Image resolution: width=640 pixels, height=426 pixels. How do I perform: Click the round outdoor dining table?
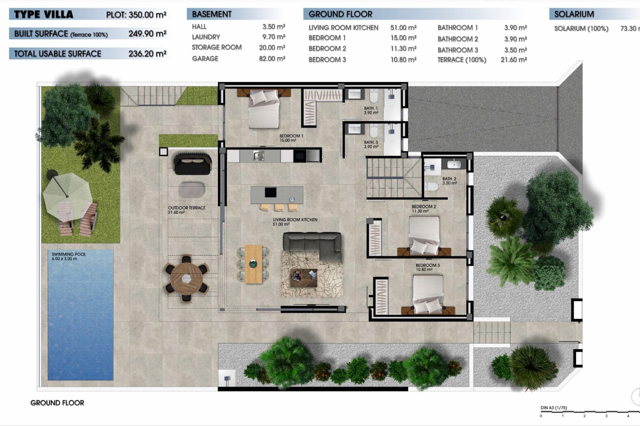click(186, 278)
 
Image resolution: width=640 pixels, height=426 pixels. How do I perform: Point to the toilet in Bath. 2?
click(432, 187)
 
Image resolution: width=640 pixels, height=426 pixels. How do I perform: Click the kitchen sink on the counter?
click(258, 155)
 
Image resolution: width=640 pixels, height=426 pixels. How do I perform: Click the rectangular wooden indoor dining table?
click(253, 264)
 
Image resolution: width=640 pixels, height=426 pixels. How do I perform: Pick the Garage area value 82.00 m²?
click(272, 59)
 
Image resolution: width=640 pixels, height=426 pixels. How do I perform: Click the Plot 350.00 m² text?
click(136, 15)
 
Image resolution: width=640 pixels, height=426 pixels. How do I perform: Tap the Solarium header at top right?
click(574, 14)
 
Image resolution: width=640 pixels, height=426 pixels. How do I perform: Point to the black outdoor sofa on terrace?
click(192, 164)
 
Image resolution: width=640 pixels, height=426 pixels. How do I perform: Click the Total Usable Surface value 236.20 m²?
click(147, 54)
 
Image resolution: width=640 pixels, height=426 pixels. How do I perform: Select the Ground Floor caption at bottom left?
click(57, 403)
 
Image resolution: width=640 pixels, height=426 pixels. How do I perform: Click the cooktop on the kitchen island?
click(270, 192)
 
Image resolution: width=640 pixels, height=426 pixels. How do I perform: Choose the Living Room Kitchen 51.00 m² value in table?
click(403, 28)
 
